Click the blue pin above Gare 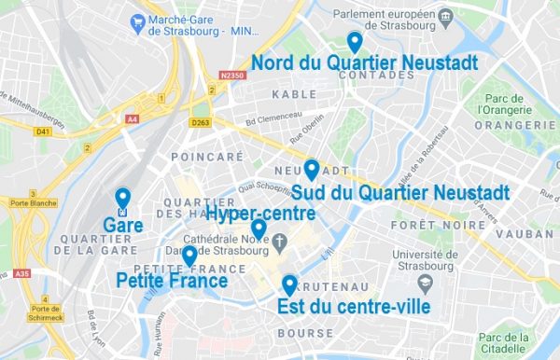pyautogui.click(x=122, y=199)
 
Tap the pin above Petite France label pyautogui.click(x=189, y=255)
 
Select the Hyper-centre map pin pyautogui.click(x=259, y=228)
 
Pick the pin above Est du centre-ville pyautogui.click(x=289, y=284)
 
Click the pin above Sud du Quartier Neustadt pyautogui.click(x=312, y=170)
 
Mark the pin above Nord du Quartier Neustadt pyautogui.click(x=354, y=41)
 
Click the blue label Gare pyautogui.click(x=122, y=225)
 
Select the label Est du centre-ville pyautogui.click(x=354, y=306)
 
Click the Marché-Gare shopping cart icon pyautogui.click(x=138, y=20)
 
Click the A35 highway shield pyautogui.click(x=23, y=273)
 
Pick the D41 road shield pyautogui.click(x=42, y=132)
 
